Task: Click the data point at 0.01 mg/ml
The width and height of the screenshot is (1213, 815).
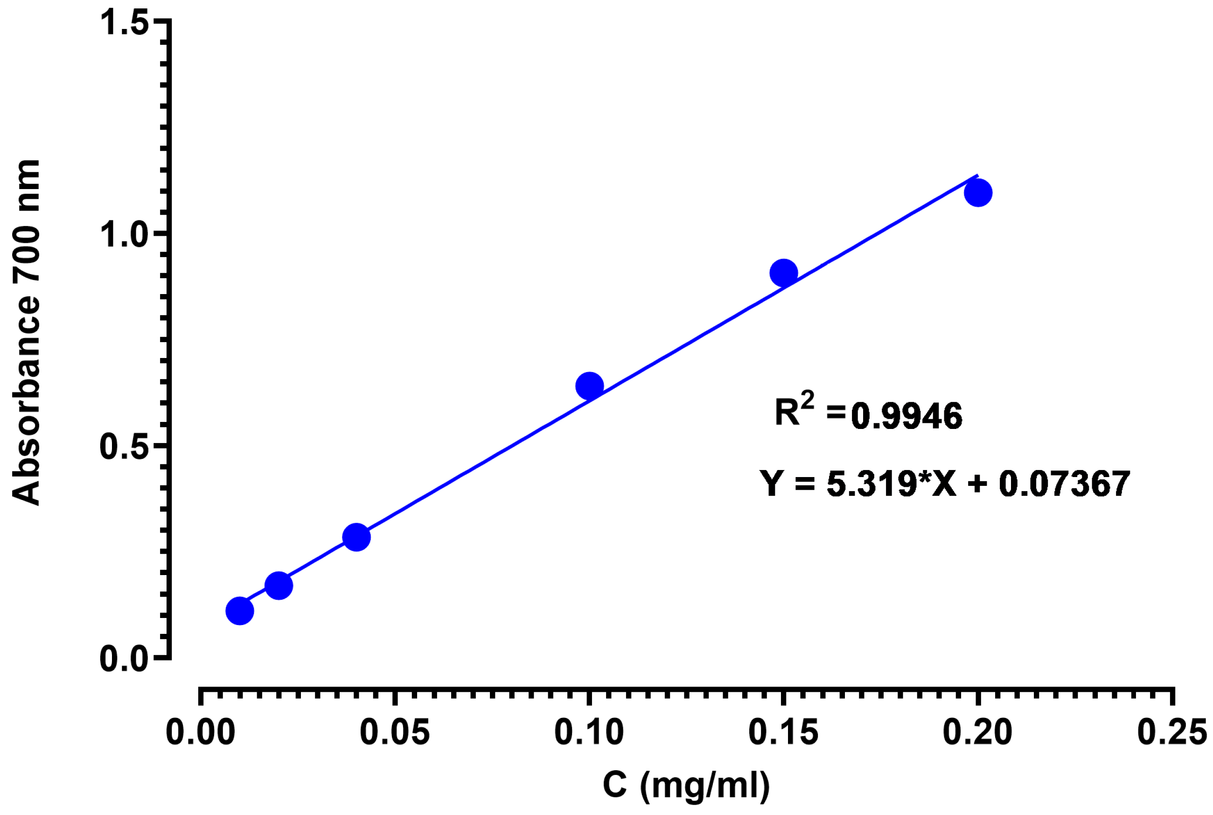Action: tap(239, 611)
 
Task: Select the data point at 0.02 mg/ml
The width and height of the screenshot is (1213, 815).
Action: tap(279, 586)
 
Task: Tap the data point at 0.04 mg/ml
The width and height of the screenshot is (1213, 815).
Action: tap(356, 537)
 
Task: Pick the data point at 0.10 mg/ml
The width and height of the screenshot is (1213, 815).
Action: tap(589, 386)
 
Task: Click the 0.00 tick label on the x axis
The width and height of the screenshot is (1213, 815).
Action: tap(201, 732)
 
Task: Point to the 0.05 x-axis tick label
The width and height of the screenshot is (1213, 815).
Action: tap(395, 732)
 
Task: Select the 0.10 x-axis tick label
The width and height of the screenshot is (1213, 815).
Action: tap(589, 732)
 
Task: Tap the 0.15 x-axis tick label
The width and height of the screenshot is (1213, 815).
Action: tap(783, 732)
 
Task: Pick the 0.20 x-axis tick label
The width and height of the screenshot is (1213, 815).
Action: tap(978, 732)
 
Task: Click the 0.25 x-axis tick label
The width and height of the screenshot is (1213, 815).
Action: tap(1172, 732)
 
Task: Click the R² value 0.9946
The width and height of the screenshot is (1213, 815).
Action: tap(906, 416)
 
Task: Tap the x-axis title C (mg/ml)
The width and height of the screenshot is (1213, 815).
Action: tap(686, 784)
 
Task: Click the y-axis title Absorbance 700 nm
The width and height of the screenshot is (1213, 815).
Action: tap(26, 333)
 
